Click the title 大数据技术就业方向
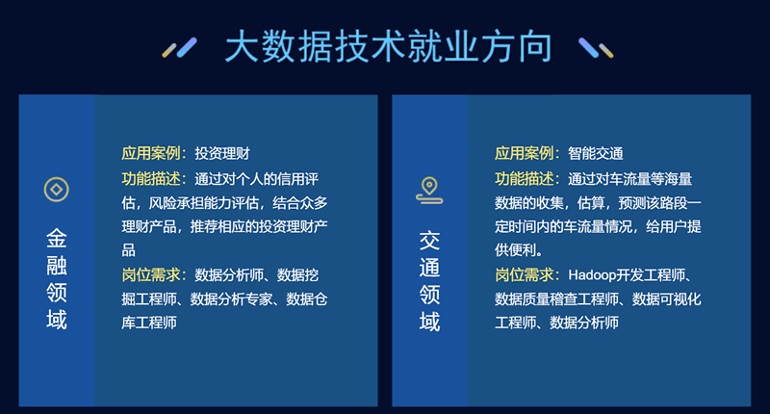pos(389,46)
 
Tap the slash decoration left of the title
pos(180,47)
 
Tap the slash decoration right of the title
pos(596,47)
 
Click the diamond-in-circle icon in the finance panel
pos(57,190)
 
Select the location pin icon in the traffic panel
pos(429,190)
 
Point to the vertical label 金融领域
pos(57,279)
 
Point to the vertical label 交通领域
pos(429,281)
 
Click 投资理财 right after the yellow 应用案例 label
pos(222,153)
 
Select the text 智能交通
pos(595,153)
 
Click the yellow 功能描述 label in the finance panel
pos(151,179)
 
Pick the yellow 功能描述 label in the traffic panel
pos(524,179)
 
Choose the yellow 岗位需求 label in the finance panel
pos(151,275)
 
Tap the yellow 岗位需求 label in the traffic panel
pos(524,275)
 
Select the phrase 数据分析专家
pos(231,299)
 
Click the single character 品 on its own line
pos(129,250)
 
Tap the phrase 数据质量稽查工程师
pos(557,299)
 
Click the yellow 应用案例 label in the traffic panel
pos(524,153)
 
